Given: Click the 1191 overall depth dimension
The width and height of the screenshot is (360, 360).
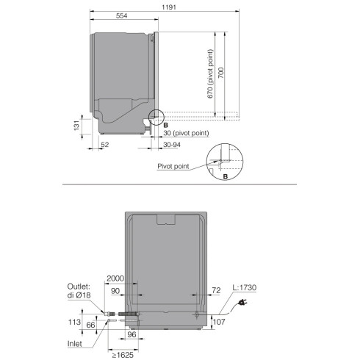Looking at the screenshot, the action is click(x=169, y=7).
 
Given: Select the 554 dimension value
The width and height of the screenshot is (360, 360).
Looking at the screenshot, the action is click(x=121, y=15).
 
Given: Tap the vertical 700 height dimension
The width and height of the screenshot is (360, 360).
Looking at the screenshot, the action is click(x=221, y=73).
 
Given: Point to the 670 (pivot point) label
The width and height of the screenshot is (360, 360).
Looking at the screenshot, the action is click(x=210, y=74).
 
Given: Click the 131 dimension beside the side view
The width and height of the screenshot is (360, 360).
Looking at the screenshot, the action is click(x=76, y=125).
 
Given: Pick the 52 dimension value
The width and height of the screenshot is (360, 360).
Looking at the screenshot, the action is click(x=105, y=145).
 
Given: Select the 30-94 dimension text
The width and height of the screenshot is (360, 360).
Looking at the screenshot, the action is click(x=172, y=145).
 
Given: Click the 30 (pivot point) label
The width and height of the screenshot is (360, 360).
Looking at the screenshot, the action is click(x=186, y=133).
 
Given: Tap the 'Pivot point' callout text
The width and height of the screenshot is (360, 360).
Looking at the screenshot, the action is click(x=173, y=166).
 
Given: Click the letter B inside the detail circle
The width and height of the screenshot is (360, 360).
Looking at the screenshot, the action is click(x=226, y=176).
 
